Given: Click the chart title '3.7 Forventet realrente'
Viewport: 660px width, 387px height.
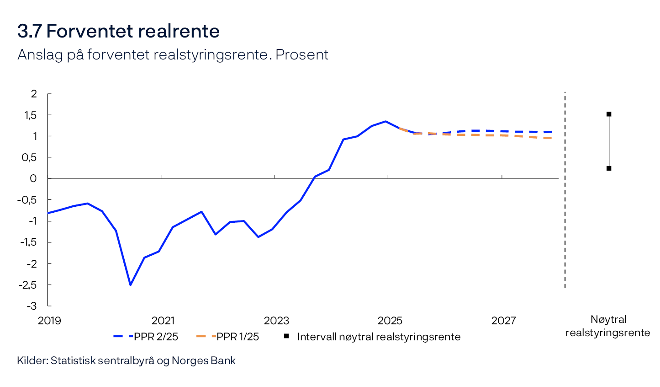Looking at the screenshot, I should (x=118, y=32).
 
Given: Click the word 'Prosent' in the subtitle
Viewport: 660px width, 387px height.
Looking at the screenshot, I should (x=302, y=55).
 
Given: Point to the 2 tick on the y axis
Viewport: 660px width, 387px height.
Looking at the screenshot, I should (x=34, y=94).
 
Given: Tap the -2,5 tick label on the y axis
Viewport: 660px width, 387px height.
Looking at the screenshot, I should (x=27, y=285).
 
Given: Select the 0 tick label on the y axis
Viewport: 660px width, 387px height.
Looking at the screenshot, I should (x=33, y=178).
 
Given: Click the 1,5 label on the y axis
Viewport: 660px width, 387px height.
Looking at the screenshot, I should (x=31, y=115).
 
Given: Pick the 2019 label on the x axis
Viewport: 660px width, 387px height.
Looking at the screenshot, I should (x=49, y=321).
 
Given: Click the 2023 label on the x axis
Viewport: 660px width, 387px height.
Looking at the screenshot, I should (x=276, y=321).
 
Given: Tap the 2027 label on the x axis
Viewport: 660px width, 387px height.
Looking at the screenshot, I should (x=503, y=321).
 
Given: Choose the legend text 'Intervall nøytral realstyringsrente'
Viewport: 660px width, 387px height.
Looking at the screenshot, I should (x=379, y=337).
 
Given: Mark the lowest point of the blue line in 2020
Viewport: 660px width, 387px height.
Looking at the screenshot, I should (x=130, y=285).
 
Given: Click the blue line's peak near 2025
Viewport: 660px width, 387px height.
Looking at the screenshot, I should (x=385, y=121).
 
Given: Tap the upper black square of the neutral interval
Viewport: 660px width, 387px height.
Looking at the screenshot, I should (x=609, y=114).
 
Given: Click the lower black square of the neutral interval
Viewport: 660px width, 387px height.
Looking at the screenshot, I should (x=609, y=168).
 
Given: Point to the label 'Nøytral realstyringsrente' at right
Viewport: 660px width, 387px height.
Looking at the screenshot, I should (x=608, y=326).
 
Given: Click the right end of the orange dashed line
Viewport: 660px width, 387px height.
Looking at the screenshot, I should (x=551, y=138).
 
